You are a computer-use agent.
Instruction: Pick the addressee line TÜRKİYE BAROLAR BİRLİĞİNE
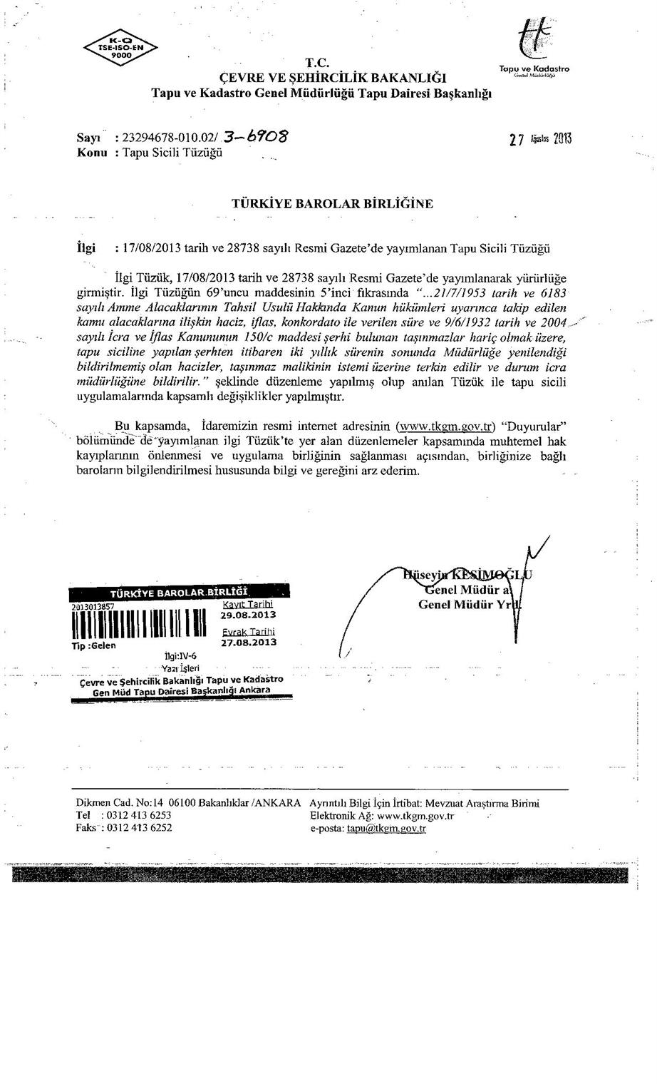point(332,203)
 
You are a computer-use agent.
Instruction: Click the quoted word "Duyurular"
point(534,427)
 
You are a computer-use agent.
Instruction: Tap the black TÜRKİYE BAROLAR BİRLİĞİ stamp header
point(178,593)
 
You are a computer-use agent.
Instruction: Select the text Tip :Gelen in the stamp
point(94,645)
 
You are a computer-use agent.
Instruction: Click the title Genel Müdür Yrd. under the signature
point(469,605)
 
